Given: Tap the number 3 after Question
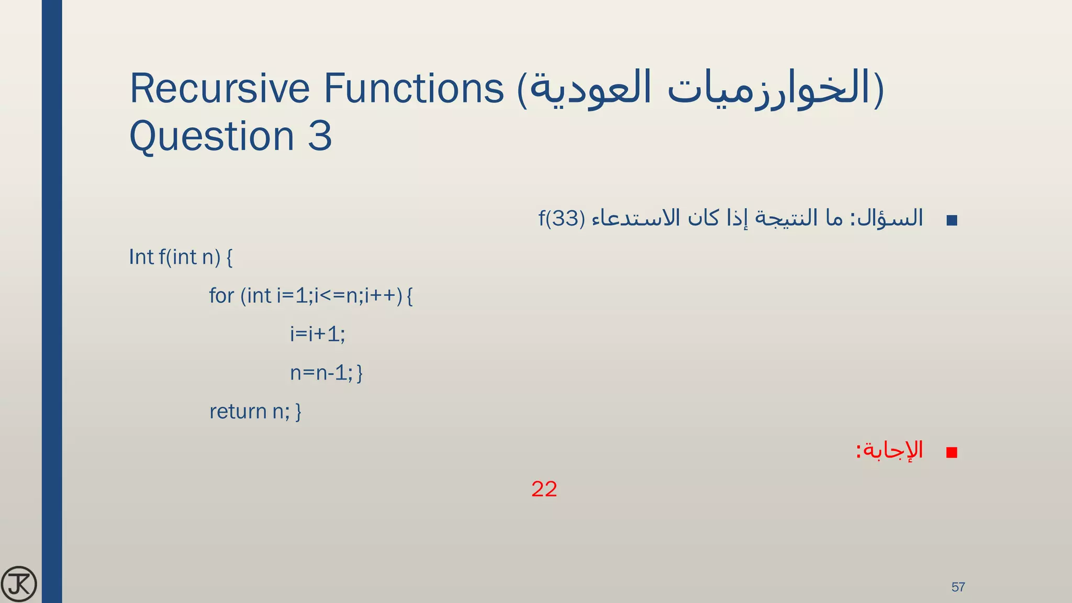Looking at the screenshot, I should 320,136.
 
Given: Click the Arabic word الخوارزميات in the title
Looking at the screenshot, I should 769,88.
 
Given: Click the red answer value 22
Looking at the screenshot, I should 544,489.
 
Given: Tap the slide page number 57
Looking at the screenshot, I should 958,587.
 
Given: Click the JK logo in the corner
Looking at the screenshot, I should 19,584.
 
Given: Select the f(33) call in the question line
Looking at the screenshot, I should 562,218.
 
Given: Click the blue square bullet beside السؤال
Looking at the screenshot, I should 952,220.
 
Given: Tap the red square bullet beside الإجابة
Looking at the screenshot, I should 952,453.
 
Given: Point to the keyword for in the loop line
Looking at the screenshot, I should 221,296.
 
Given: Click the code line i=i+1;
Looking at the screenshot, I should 317,334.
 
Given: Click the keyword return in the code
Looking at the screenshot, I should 238,411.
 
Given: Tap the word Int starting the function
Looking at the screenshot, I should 141,257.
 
